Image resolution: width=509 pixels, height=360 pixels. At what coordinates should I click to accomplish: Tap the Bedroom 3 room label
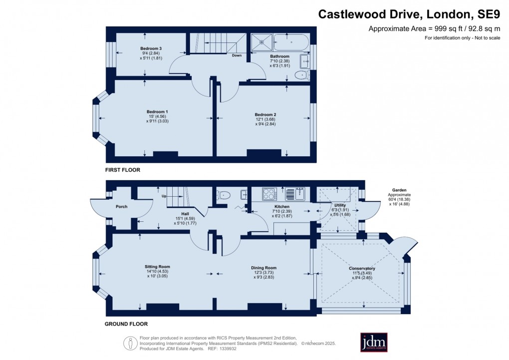coord(150,48)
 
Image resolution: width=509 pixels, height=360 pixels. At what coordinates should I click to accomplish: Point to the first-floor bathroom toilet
coord(301,75)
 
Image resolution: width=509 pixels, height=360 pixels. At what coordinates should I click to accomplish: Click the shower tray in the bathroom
coord(259,42)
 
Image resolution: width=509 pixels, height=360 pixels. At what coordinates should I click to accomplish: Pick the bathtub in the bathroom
coord(289,42)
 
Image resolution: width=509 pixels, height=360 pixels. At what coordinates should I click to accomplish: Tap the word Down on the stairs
coord(237,55)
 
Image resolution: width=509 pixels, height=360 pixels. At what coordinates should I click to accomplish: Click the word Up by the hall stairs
coord(163,196)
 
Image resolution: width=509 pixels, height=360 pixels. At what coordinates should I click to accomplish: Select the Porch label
coord(121,207)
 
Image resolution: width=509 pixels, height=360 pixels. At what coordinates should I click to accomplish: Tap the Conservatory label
coord(362,269)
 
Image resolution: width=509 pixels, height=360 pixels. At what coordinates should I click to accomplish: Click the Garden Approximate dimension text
coord(398,199)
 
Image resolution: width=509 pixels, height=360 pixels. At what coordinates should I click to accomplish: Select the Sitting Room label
coord(158,267)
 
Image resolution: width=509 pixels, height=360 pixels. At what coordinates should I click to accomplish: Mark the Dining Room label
coord(263,268)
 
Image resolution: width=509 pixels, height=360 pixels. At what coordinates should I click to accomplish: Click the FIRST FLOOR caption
coord(122,170)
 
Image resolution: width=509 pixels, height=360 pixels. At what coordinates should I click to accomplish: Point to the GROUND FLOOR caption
coord(126,324)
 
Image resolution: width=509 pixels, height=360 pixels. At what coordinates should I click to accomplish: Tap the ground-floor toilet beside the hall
coord(225,195)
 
